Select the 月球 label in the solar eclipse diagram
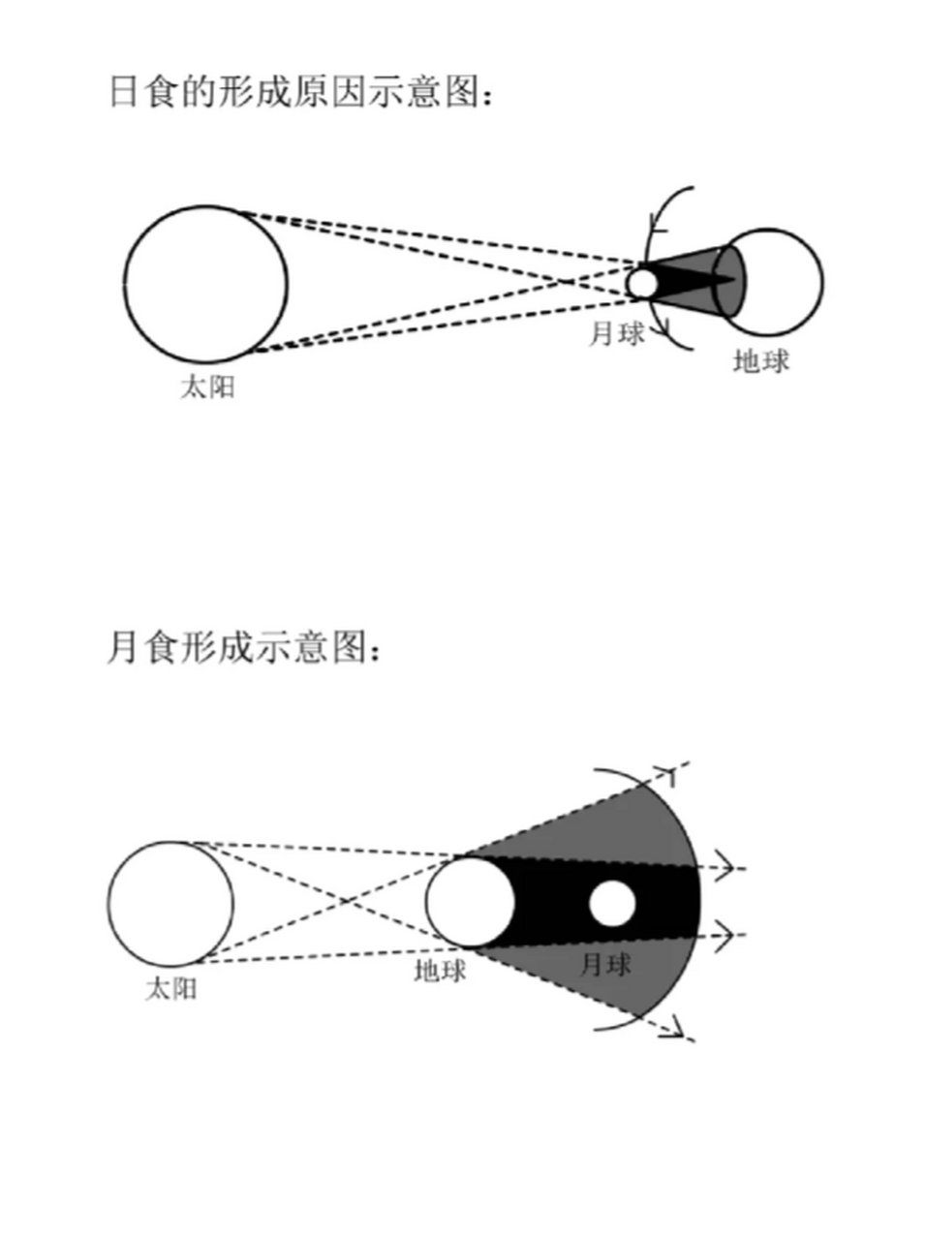pyautogui.click(x=616, y=333)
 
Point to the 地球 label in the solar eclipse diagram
pyautogui.click(x=760, y=361)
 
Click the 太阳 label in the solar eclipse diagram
pyautogui.click(x=206, y=387)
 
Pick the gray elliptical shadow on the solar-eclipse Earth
pyautogui.click(x=731, y=281)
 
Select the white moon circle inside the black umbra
pyautogui.click(x=612, y=903)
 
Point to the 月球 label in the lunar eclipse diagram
pyautogui.click(x=604, y=963)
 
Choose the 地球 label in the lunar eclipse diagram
pyautogui.click(x=440, y=971)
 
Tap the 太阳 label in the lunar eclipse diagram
pyautogui.click(x=171, y=989)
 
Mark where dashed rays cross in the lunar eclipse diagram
pyautogui.click(x=350, y=900)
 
